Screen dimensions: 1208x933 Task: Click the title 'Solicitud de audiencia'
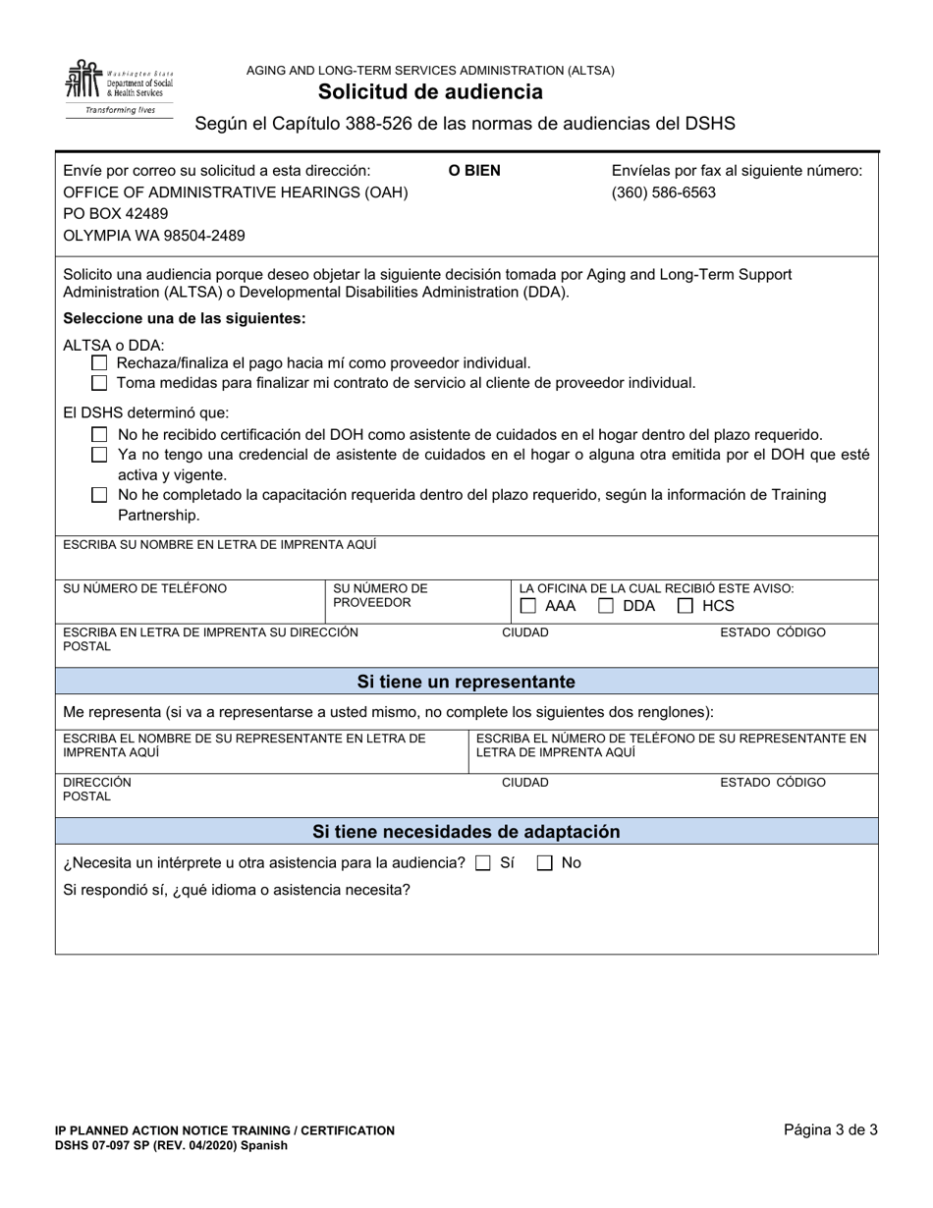click(x=430, y=92)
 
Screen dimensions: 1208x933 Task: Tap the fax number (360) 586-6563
click(x=663, y=192)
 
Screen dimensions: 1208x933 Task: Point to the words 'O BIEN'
click(x=474, y=170)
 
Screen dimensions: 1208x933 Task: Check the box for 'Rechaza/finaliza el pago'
click(x=99, y=363)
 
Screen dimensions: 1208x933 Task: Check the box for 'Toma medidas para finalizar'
click(x=99, y=383)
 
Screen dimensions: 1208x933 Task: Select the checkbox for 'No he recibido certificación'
click(x=99, y=434)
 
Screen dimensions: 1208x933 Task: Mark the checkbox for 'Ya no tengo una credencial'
click(x=99, y=455)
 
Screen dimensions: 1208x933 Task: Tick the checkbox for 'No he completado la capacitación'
click(x=99, y=495)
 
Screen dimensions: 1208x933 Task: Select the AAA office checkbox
click(x=528, y=606)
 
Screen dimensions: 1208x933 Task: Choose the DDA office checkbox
click(x=607, y=606)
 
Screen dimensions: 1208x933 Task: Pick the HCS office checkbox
click(x=686, y=606)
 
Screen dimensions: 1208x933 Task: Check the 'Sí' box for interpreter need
click(x=482, y=863)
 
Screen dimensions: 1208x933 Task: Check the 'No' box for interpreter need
click(x=544, y=863)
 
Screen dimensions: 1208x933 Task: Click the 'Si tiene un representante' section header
click(x=466, y=682)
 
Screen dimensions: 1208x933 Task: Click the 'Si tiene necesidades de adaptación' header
click(x=466, y=832)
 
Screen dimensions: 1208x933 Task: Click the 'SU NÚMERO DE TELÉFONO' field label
click(x=144, y=588)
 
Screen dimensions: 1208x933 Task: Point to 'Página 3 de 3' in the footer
click(x=830, y=1129)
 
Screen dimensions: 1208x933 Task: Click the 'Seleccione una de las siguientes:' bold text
click(x=184, y=319)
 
